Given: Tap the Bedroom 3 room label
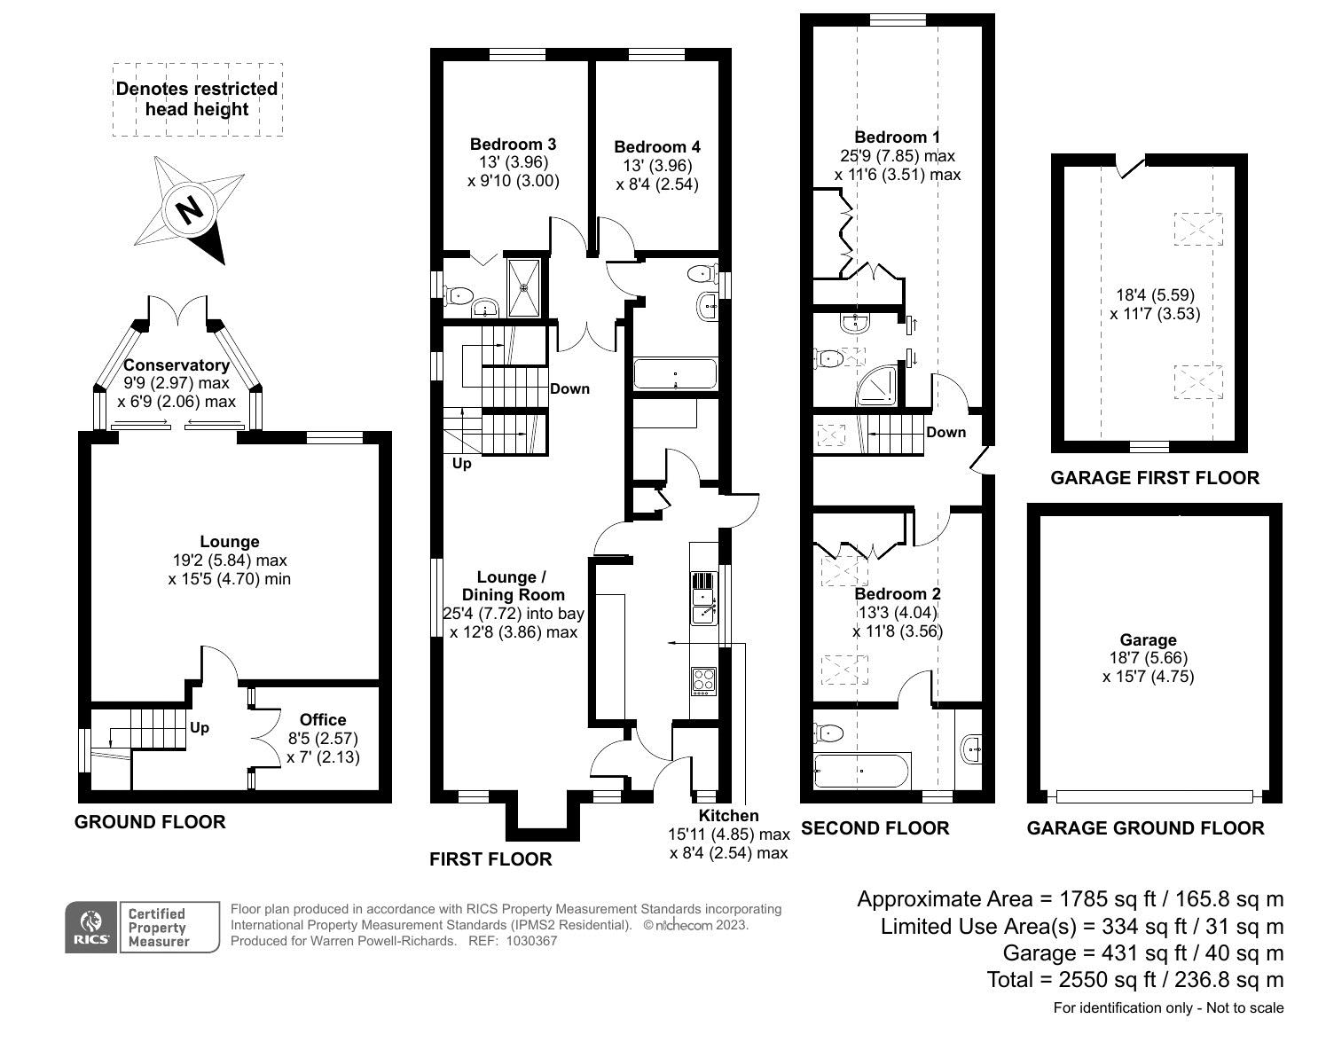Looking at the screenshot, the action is (x=513, y=145).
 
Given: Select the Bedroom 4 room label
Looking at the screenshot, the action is (x=657, y=146).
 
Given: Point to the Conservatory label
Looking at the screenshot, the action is (x=177, y=364).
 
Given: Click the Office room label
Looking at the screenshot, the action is (x=323, y=720).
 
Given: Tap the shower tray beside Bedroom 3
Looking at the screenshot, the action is (x=523, y=287).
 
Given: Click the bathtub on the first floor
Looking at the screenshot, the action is (x=675, y=373).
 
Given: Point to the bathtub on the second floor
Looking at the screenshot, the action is (x=862, y=771).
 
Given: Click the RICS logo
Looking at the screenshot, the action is (x=91, y=928).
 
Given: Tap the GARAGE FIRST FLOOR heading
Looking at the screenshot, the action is (x=1155, y=477).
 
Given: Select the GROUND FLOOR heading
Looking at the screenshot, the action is (x=150, y=821).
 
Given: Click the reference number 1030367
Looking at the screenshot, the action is (x=531, y=941).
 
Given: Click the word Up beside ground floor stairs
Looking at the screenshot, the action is (x=199, y=728).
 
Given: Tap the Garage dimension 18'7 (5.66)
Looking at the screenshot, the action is (x=1149, y=658).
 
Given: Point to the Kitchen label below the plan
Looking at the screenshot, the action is (x=728, y=816).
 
